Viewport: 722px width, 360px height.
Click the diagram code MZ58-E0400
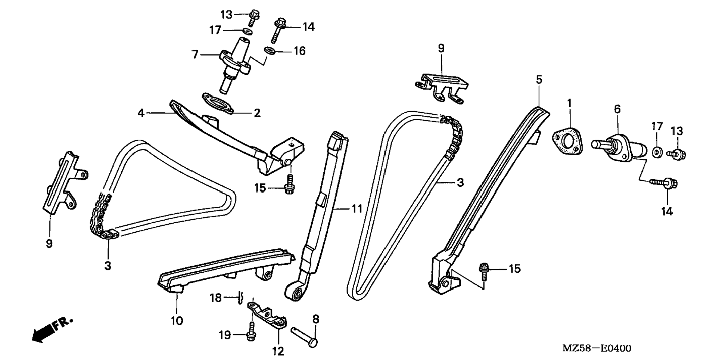click(597, 348)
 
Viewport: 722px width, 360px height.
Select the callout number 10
click(177, 320)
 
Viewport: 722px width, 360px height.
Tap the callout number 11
click(357, 209)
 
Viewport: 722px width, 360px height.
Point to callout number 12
click(278, 351)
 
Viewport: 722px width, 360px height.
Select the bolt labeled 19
click(250, 335)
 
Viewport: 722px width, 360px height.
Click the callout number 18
click(215, 298)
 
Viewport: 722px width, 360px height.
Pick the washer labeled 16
click(270, 50)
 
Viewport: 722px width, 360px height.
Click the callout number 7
click(194, 55)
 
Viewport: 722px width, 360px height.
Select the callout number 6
click(617, 109)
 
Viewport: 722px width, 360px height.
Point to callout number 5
click(539, 80)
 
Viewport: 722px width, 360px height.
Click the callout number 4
click(140, 112)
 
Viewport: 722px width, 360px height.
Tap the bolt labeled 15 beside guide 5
click(484, 270)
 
